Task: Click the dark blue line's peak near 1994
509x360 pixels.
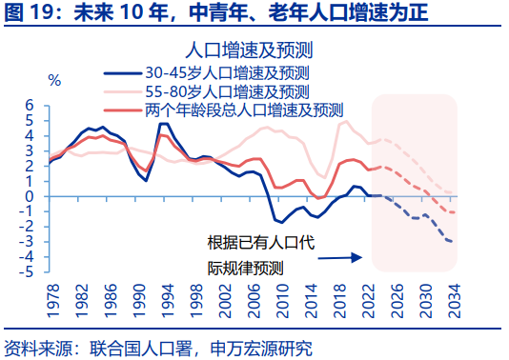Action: click(x=163, y=124)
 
